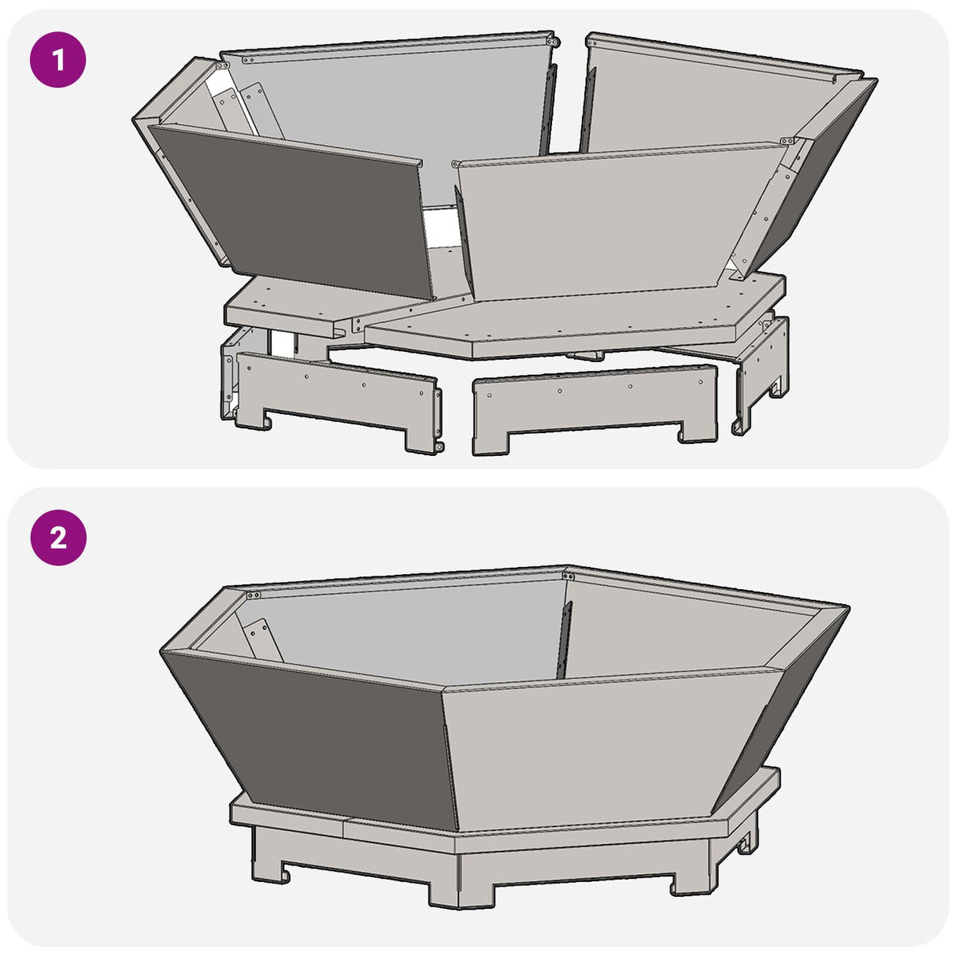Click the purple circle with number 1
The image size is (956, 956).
pyautogui.click(x=57, y=59)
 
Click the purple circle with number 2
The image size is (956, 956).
pyautogui.click(x=57, y=538)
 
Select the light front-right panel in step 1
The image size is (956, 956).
pyautogui.click(x=606, y=220)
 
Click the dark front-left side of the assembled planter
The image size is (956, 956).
pyautogui.click(x=315, y=732)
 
